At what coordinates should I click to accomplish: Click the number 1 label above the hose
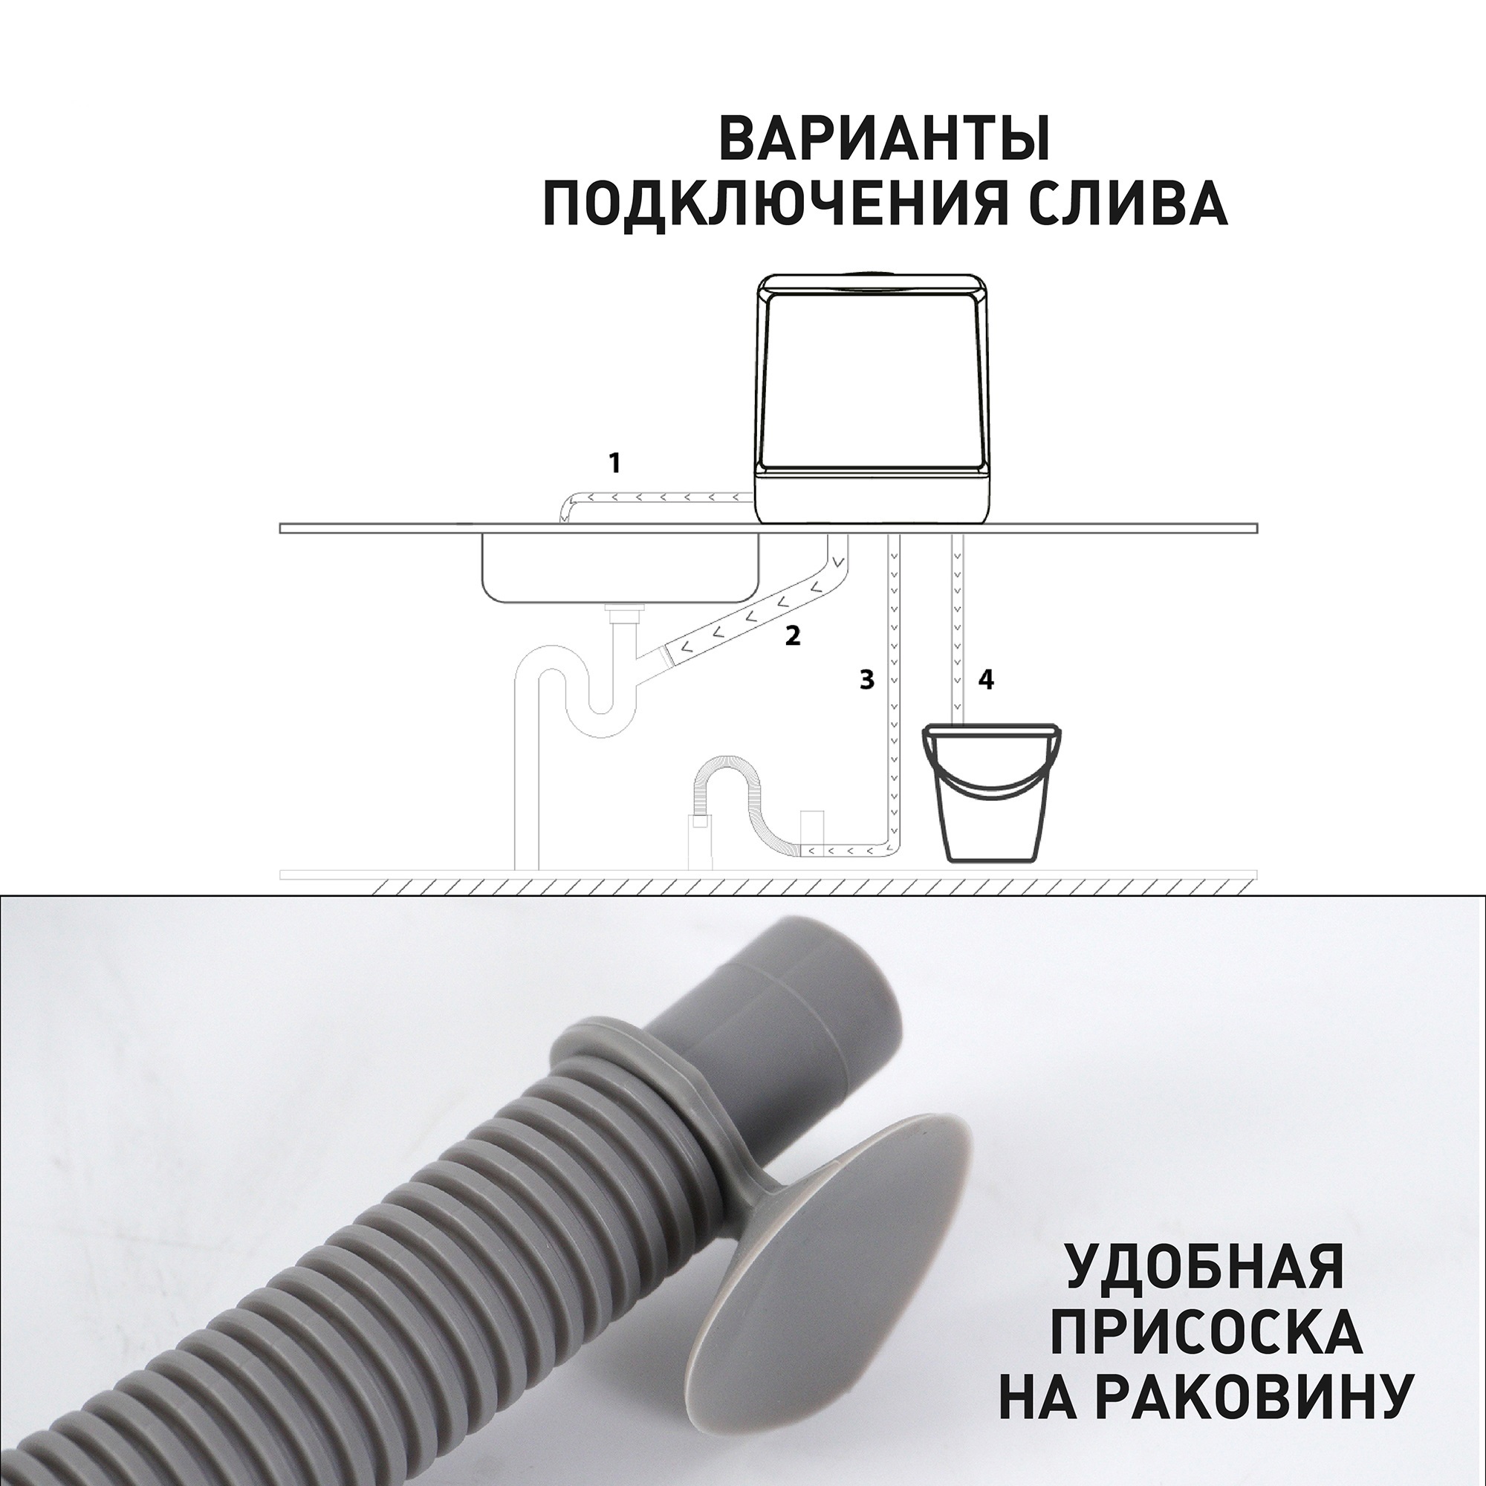pos(614,464)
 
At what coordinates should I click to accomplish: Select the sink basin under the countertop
pos(619,569)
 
